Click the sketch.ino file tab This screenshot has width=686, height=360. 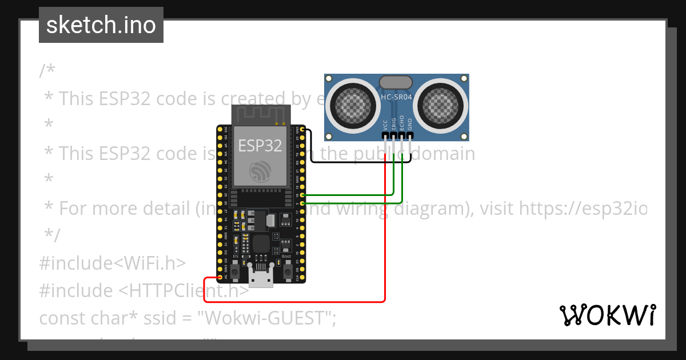point(101,25)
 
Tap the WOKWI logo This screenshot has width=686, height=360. point(607,315)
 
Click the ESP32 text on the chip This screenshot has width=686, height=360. point(260,145)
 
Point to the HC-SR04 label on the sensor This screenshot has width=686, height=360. point(396,97)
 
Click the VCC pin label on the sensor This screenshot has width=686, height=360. point(385,125)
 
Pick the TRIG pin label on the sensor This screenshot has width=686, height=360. point(394,123)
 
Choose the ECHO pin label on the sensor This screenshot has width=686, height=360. point(402,123)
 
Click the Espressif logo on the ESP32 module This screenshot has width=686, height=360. point(261,171)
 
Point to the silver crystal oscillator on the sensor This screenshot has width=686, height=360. point(396,82)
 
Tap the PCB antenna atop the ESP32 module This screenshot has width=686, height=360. point(261,115)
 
